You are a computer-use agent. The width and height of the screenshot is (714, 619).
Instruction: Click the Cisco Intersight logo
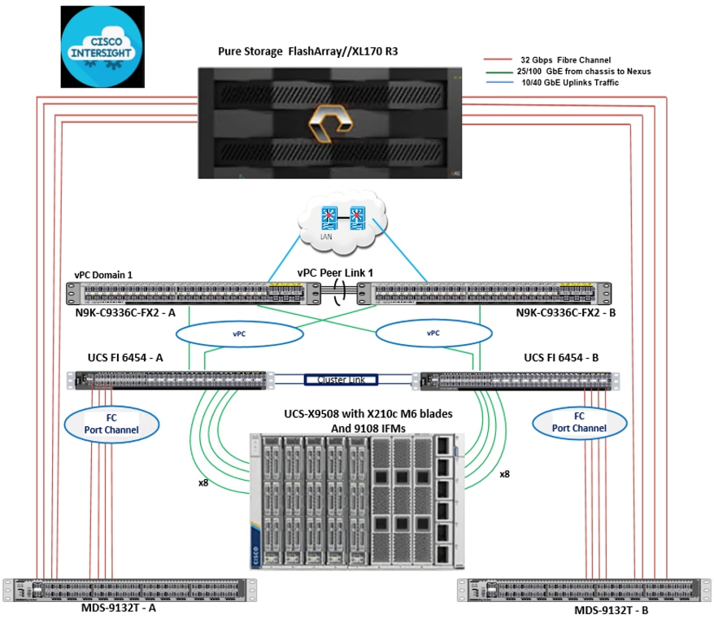(x=102, y=46)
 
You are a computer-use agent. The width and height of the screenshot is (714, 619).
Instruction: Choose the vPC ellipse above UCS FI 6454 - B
(x=433, y=333)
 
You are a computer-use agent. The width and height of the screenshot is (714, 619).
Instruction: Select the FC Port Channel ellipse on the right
(x=579, y=423)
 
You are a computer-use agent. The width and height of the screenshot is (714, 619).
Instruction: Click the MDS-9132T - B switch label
(x=612, y=609)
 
